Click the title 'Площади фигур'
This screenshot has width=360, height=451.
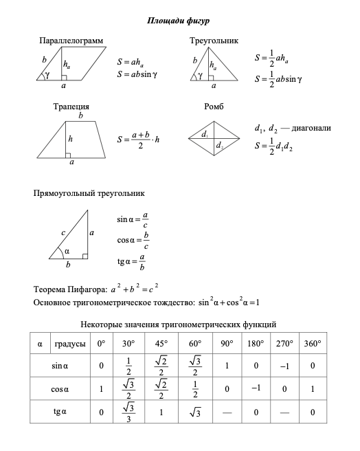(x=180, y=21)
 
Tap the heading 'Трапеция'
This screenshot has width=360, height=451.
(x=71, y=107)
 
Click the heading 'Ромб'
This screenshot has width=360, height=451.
(x=214, y=107)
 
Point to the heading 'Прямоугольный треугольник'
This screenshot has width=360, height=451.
(x=89, y=194)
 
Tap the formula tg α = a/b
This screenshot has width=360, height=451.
(x=133, y=261)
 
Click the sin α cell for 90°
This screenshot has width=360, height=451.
(x=227, y=366)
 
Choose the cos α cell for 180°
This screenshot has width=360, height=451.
(x=256, y=389)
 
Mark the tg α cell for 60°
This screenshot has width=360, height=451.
(x=195, y=412)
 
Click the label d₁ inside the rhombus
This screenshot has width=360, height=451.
(x=205, y=135)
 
